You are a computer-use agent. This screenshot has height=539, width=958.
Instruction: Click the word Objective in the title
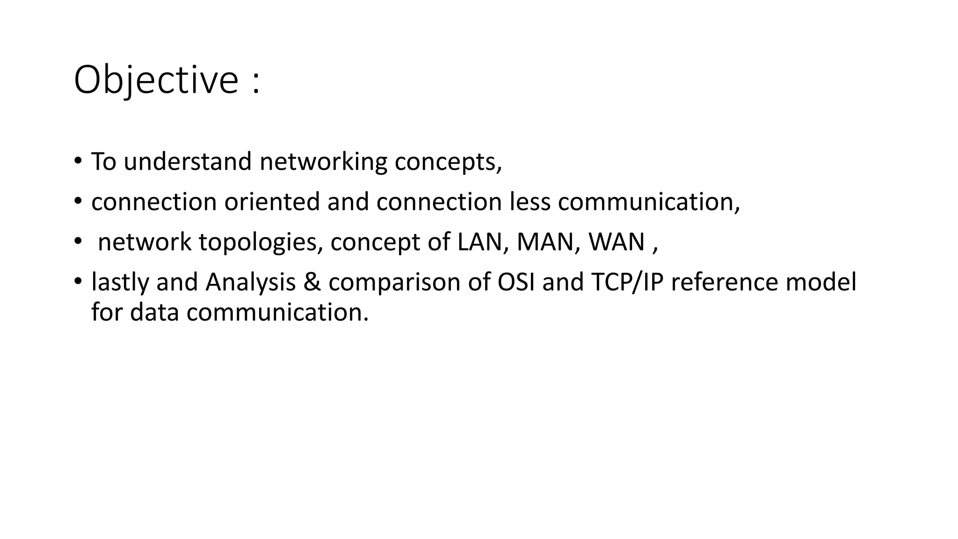(156, 80)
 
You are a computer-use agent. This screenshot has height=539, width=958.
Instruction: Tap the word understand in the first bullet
(188, 161)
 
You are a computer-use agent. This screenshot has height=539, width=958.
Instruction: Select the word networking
(323, 161)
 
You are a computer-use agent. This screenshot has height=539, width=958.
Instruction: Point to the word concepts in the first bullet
(448, 162)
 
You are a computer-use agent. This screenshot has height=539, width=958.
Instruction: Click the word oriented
(272, 202)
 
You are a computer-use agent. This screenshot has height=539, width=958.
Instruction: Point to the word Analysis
(250, 282)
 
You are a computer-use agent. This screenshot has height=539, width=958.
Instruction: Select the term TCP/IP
(627, 282)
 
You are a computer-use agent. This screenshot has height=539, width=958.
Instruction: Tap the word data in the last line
(154, 312)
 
